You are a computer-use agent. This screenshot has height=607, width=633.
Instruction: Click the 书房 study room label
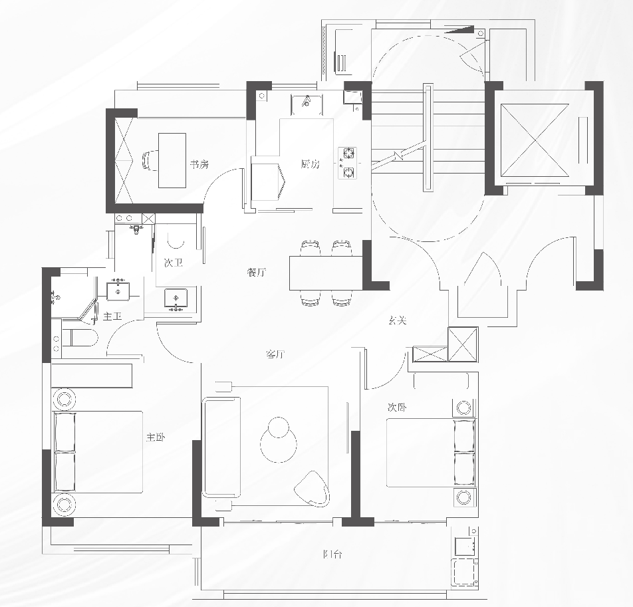click(199, 164)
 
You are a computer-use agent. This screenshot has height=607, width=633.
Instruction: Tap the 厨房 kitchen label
click(310, 164)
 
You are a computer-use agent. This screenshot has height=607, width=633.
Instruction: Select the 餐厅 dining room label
click(256, 273)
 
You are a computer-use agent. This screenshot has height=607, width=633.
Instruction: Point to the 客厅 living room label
click(275, 354)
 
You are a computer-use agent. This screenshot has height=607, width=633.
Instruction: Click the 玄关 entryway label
click(398, 320)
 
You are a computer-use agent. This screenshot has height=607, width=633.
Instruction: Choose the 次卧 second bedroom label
click(397, 406)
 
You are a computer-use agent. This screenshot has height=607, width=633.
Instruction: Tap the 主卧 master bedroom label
click(156, 437)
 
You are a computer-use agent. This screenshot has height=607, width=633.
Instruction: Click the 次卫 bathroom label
click(173, 263)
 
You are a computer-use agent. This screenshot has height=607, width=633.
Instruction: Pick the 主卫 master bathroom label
click(112, 316)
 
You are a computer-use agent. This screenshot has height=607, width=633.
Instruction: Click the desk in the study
click(172, 160)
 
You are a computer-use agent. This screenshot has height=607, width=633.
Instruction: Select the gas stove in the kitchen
click(347, 164)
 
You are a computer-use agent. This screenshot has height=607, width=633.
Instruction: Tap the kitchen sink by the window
click(307, 102)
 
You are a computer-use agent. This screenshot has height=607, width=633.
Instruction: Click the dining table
click(325, 273)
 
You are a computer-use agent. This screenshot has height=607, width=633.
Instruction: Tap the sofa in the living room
click(221, 447)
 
